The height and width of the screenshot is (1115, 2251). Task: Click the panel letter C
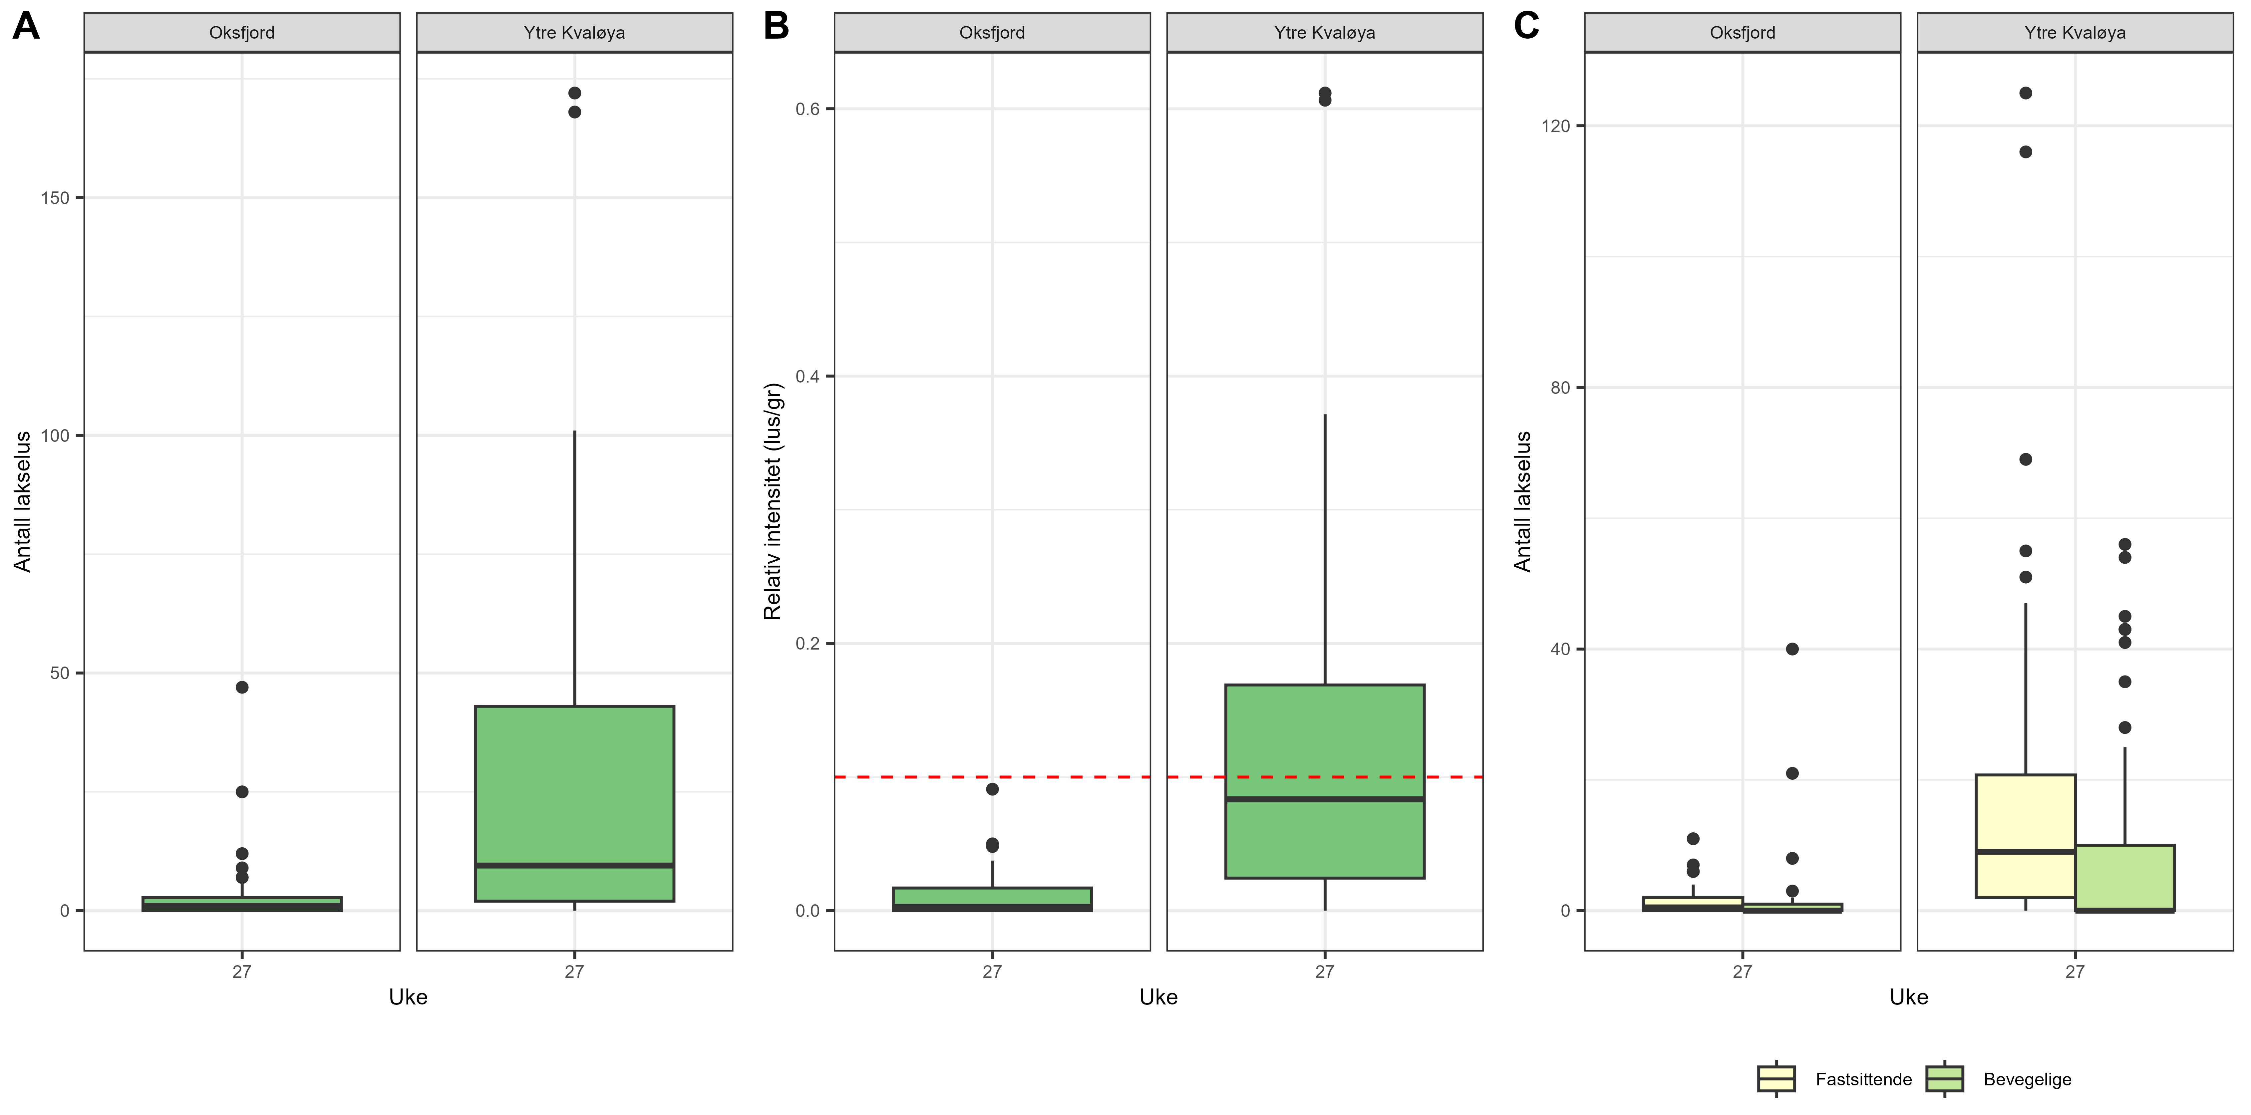(1526, 26)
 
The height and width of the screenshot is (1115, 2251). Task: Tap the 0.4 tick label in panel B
(806, 377)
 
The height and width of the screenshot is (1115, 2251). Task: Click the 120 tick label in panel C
(1555, 126)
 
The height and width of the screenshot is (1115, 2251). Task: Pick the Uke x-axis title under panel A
(408, 997)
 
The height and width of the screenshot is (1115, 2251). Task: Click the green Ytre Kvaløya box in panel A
(574, 786)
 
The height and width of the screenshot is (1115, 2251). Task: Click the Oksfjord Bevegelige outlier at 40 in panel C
(1792, 649)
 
